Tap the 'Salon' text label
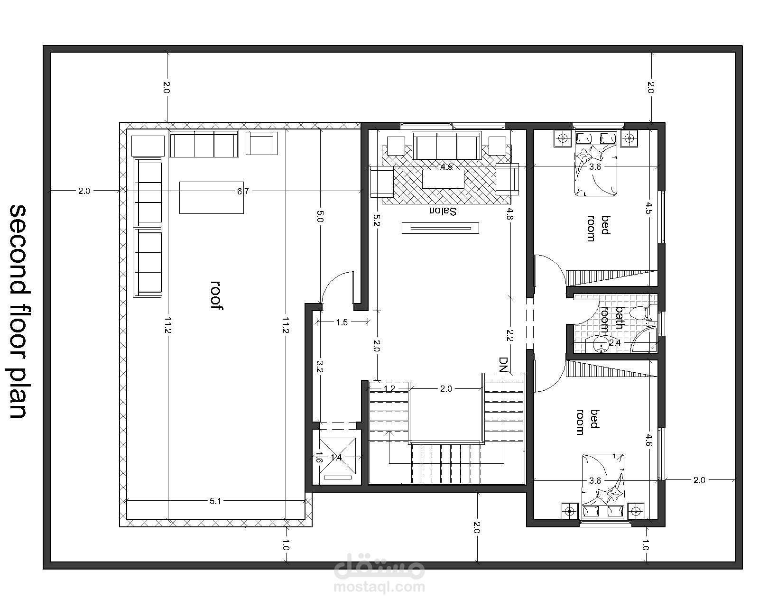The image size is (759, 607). click(443, 212)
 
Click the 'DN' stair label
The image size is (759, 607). click(503, 366)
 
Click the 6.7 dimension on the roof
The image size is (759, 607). click(243, 192)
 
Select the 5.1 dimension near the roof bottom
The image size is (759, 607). click(215, 501)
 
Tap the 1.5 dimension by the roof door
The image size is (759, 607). click(342, 322)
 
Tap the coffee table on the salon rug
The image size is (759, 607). click(444, 179)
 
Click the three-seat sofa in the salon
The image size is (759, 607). click(447, 146)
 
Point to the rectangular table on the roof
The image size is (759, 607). click(211, 198)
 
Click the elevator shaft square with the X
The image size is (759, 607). click(337, 456)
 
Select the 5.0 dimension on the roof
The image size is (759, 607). click(320, 216)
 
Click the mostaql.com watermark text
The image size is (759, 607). click(379, 587)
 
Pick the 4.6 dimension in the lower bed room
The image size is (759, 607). click(649, 440)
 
